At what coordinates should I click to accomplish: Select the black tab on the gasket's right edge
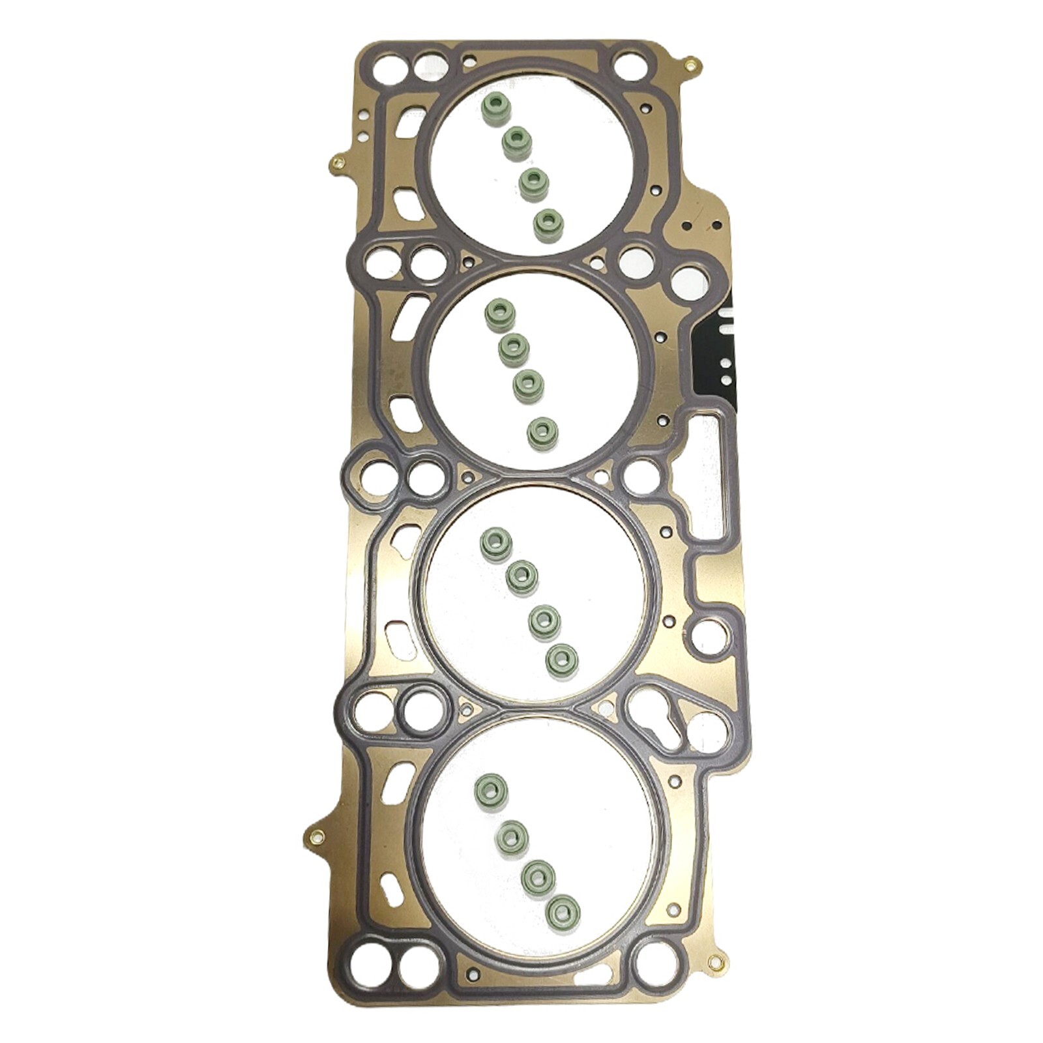(719, 352)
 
